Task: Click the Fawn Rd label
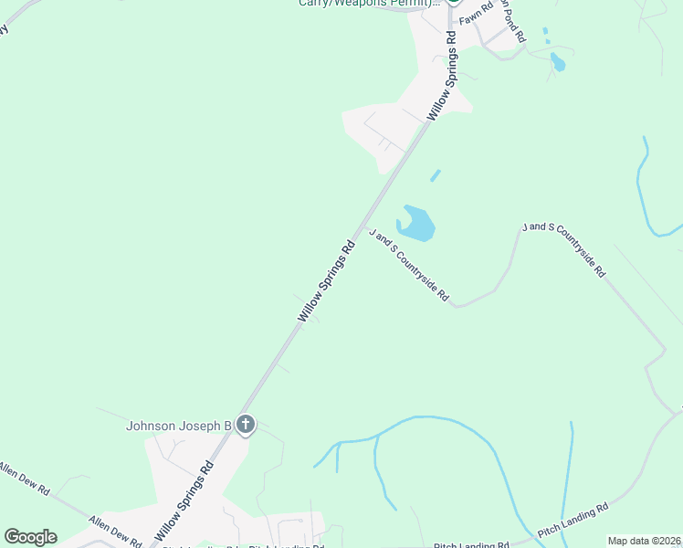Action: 476,15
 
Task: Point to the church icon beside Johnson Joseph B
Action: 245,425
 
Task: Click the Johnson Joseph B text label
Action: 179,426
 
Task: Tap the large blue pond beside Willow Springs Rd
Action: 416,224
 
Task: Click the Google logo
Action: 30,537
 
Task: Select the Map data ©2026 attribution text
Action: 645,541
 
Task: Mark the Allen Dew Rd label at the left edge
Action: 22,477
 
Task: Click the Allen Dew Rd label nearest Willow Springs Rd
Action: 115,531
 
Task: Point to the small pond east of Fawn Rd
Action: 557,62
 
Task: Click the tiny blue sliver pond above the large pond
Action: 436,174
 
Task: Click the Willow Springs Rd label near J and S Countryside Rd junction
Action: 326,280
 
